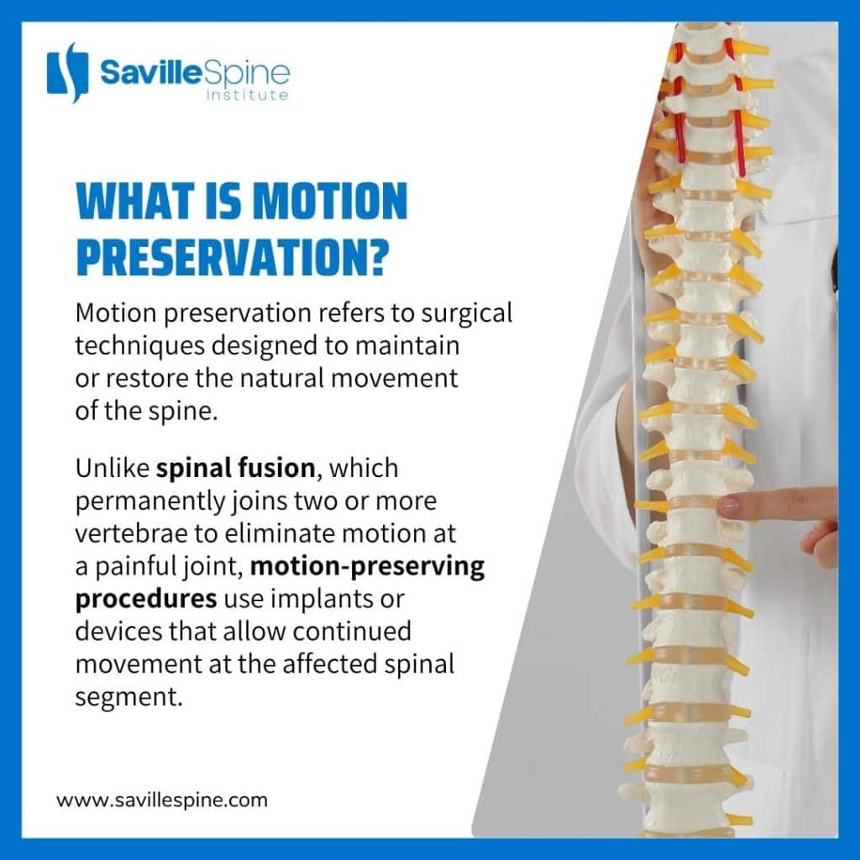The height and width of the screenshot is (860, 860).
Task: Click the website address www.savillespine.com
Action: click(162, 800)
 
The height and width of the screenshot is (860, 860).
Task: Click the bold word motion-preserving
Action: click(368, 566)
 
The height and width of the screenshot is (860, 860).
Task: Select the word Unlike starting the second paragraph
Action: click(113, 467)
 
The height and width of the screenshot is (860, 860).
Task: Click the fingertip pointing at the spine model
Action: click(727, 505)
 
